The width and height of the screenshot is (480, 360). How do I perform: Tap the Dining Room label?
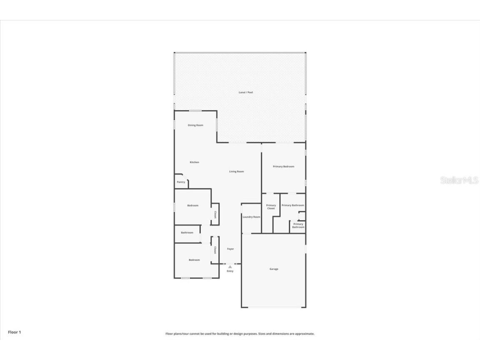pos(195,125)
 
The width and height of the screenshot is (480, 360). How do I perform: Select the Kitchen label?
pos(194,162)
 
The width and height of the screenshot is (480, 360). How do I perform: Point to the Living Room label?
pos(236,171)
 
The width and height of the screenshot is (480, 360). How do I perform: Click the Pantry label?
pos(181,182)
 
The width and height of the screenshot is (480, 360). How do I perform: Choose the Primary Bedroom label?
pos(283,166)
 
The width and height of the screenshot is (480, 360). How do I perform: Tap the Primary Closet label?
pos(271,207)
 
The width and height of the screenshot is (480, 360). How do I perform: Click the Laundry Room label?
pos(251,217)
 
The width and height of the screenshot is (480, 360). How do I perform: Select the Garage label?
pos(274,269)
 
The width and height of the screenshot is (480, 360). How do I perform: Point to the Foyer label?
pos(230,249)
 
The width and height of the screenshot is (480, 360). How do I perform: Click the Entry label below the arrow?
pos(230,271)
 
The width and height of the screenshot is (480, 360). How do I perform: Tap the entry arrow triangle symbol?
pos(230,266)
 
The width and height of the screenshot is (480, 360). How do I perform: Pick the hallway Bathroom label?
pos(187,232)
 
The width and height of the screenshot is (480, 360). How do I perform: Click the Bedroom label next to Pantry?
pos(192,205)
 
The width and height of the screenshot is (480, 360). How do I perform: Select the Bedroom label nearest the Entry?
pos(194,260)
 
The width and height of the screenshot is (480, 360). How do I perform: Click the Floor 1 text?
pos(14,332)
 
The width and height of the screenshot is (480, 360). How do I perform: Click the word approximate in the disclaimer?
pos(305,334)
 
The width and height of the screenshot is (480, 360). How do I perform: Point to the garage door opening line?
pos(274,307)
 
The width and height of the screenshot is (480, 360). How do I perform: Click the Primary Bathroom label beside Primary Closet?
pos(292,205)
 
